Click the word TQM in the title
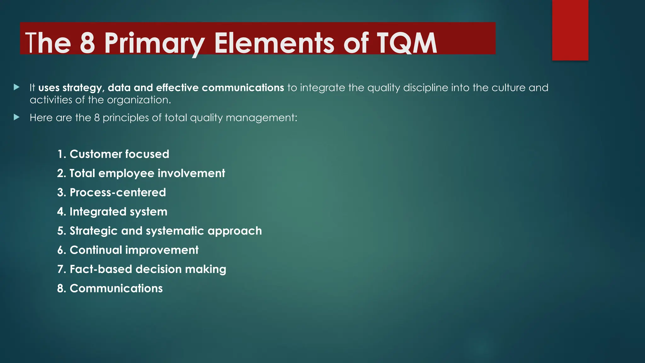tap(407, 43)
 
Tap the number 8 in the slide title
tap(87, 43)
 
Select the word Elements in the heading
tap(274, 43)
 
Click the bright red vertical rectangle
tap(570, 30)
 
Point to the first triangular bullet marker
tap(17, 87)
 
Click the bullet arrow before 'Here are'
tap(17, 118)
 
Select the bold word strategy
tap(83, 88)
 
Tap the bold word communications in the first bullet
tap(243, 88)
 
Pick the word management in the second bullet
tap(261, 118)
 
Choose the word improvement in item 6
tap(162, 250)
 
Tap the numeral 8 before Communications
tap(60, 289)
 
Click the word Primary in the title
tap(154, 43)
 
